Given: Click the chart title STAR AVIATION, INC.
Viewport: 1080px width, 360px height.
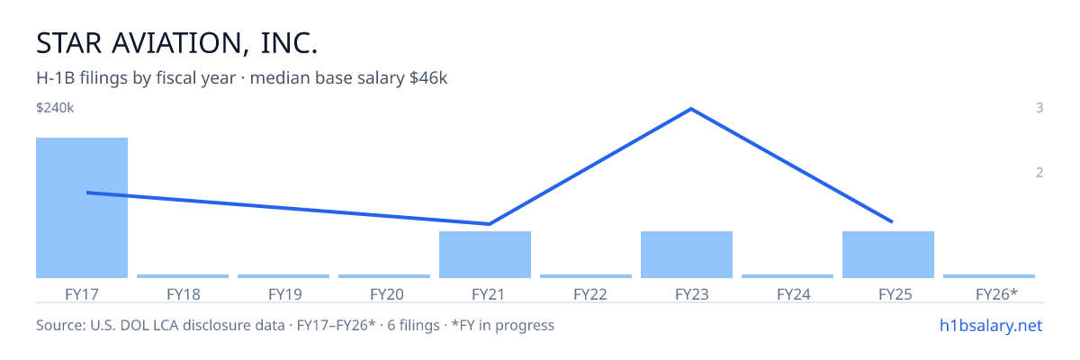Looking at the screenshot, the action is tap(177, 43).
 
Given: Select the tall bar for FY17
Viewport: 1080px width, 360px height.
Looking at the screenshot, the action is tap(82, 208).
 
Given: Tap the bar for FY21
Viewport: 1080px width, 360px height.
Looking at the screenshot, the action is tap(485, 255).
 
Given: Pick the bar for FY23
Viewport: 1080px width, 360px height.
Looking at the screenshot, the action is tap(687, 255).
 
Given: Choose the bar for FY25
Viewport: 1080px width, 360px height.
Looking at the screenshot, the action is tap(888, 255).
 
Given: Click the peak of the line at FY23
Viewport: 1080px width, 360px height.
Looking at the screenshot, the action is tap(691, 109).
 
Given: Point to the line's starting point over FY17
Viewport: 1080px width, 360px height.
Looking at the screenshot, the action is tap(87, 193).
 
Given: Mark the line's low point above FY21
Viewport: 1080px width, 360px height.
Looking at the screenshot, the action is tap(490, 223).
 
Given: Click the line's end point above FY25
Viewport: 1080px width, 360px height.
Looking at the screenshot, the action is tap(893, 222).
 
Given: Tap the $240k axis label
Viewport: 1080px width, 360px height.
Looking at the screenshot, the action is tap(55, 108).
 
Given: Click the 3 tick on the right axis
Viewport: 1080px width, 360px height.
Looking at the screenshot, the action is tap(1039, 108).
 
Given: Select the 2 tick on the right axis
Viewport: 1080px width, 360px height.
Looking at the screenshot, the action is tap(1039, 173).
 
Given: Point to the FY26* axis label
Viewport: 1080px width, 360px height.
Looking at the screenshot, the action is tap(996, 294).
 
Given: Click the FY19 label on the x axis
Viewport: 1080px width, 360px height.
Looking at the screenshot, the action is tap(285, 294).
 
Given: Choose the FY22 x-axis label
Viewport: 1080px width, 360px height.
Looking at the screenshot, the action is tap(590, 294).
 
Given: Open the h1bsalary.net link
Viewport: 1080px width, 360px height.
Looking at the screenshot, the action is tap(991, 326).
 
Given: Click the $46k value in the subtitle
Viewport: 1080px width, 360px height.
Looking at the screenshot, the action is tap(428, 78).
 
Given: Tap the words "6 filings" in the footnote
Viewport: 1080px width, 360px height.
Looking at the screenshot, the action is tap(413, 326).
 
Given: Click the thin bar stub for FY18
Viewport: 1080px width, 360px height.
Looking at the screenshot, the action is tap(183, 276).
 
